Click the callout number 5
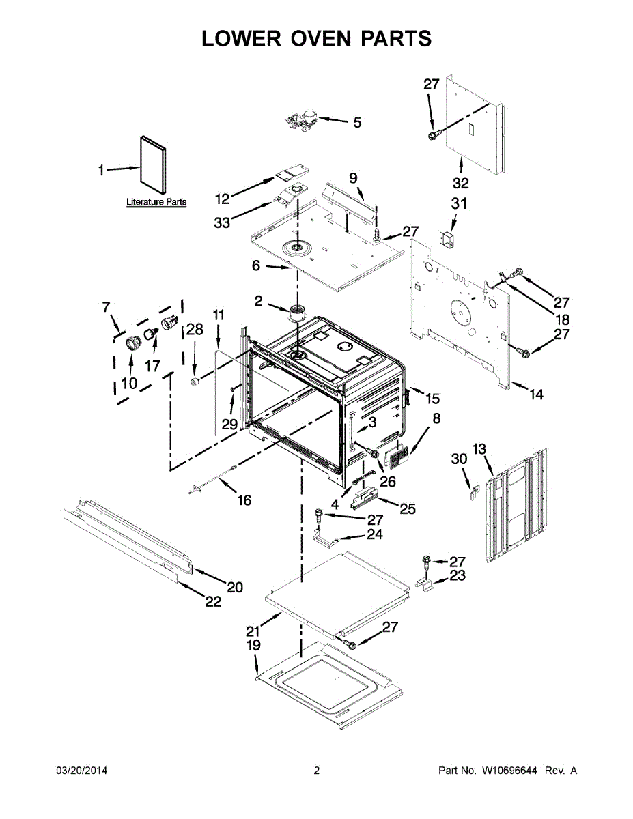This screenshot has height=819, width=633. coord(356,123)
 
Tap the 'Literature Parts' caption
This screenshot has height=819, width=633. coord(156,202)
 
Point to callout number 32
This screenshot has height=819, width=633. coord(460,183)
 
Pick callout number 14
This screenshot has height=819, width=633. coord(536,394)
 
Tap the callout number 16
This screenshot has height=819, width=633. coord(244,500)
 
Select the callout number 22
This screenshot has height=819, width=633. coord(214,601)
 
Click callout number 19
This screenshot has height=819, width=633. coord(253,645)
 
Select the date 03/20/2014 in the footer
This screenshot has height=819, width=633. coord(81,771)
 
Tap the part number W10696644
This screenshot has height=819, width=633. coord(510,771)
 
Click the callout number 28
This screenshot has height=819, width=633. coord(195,330)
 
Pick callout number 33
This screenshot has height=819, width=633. coord(222,222)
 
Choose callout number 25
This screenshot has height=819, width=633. coord(407,508)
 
